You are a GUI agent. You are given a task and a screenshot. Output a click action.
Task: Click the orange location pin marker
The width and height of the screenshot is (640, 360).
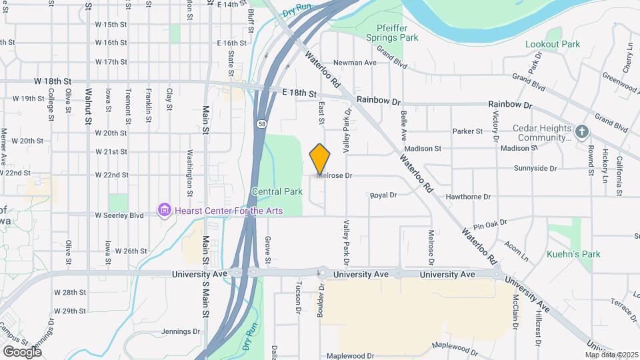point(320,159)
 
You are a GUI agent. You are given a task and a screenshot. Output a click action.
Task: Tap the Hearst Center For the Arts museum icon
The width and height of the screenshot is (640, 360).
point(164,211)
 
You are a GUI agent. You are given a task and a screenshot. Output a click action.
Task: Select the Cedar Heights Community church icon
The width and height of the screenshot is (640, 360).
point(582,131)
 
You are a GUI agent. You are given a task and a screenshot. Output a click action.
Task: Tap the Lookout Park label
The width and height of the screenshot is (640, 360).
point(553,44)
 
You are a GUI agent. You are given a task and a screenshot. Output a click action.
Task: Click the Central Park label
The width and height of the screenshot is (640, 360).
point(277,191)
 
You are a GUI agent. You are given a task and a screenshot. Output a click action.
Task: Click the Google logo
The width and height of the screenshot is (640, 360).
point(22,351)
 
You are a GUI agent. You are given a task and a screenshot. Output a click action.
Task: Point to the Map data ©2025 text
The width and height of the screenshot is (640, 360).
point(610,355)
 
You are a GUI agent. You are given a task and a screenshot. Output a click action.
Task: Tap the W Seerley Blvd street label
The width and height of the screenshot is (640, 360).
point(119,215)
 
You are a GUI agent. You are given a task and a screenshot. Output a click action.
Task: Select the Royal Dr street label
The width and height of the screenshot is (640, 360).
point(383,195)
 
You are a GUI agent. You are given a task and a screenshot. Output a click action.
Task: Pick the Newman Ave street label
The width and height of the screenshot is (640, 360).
point(355,63)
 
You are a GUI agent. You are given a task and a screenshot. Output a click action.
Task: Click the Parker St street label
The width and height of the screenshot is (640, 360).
point(467,131)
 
